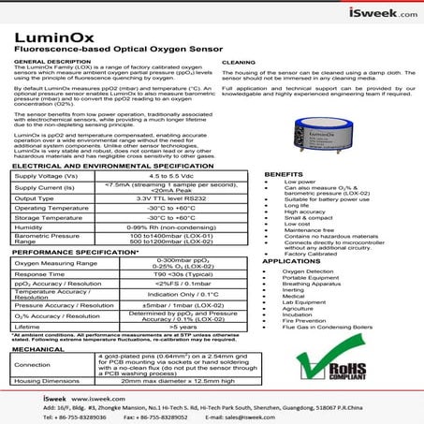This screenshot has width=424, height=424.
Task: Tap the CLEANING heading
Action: point(237,62)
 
